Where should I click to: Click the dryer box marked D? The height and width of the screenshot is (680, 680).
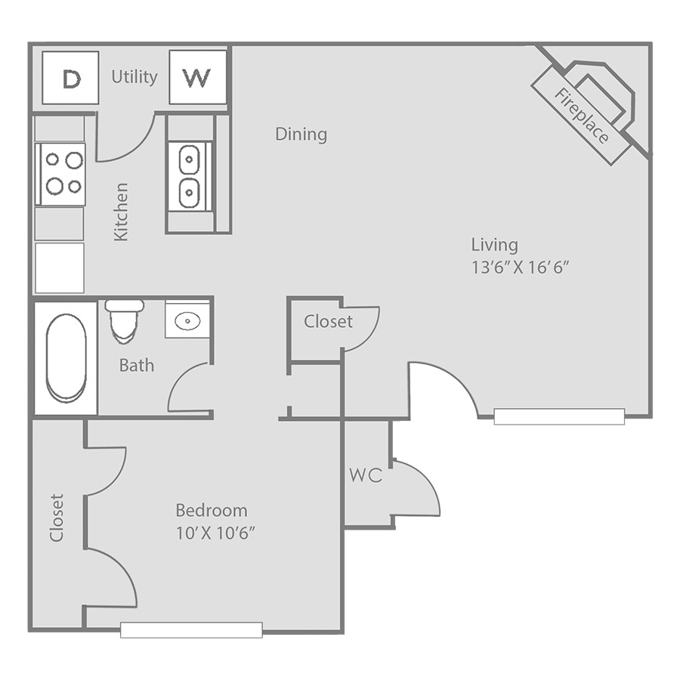tap(71, 78)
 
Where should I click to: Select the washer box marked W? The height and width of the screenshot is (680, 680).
tap(198, 77)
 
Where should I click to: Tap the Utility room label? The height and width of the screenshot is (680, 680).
tap(134, 77)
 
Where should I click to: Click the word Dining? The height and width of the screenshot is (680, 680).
tap(301, 134)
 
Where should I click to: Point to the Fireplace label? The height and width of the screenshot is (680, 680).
tap(582, 116)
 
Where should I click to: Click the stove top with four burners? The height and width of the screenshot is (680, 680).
tap(63, 174)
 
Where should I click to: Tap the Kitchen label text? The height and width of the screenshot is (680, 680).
tap(121, 212)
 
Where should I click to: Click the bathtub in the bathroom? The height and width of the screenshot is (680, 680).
tap(66, 358)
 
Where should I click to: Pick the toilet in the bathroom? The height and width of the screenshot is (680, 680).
tap(125, 320)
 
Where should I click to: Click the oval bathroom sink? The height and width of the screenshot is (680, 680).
tap(187, 321)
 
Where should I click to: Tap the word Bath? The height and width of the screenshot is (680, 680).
tap(137, 365)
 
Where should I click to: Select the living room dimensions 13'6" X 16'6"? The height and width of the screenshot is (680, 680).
tap(520, 267)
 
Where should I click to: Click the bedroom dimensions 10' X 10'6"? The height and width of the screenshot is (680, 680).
tap(215, 533)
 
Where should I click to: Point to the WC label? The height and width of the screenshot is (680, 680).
tap(366, 475)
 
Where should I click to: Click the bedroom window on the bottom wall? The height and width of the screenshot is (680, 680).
tap(191, 629)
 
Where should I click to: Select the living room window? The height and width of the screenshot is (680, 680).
tap(559, 416)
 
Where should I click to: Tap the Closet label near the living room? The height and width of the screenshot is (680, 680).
tap(328, 321)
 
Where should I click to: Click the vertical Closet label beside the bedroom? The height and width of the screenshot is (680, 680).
tap(57, 518)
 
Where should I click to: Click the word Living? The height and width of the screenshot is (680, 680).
tap(494, 245)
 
